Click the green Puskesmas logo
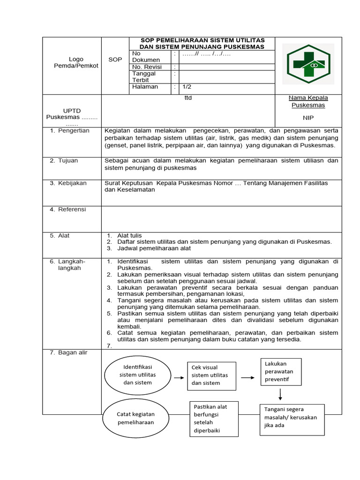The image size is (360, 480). click(x=311, y=64)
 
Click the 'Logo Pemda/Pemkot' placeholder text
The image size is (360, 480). click(x=76, y=62)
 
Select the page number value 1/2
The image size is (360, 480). click(x=187, y=87)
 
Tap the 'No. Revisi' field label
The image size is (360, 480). click(x=146, y=67)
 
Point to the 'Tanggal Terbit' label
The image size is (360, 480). click(x=144, y=77)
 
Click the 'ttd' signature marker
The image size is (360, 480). click(x=188, y=98)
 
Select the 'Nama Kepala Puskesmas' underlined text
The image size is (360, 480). click(x=308, y=101)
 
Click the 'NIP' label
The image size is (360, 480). click(x=308, y=118)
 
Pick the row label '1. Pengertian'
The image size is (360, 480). click(x=70, y=131)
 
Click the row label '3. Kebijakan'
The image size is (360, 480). click(x=68, y=183)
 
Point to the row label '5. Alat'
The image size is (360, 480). click(x=60, y=236)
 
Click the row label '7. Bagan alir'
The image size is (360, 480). click(x=69, y=352)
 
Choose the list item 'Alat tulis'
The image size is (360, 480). click(x=129, y=235)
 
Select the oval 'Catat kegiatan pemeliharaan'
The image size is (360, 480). click(x=135, y=418)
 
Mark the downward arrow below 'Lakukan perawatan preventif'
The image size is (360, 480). click(x=280, y=395)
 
